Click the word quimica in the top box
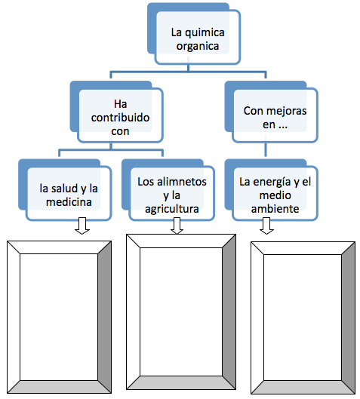point(205,33)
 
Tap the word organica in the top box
point(198,47)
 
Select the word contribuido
point(120,118)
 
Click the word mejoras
point(288,111)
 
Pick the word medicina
point(69,202)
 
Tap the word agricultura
point(172,209)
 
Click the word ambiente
point(275,209)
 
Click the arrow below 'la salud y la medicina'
point(82,226)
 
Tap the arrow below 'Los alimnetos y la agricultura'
point(177,226)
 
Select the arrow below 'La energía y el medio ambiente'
point(266,226)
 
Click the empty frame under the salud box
point(14,317)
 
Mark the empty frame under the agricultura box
point(133,312)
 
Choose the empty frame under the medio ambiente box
point(257,318)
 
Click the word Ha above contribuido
point(120,104)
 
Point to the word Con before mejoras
point(254,111)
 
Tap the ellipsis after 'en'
point(282,127)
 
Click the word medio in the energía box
point(275,195)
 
